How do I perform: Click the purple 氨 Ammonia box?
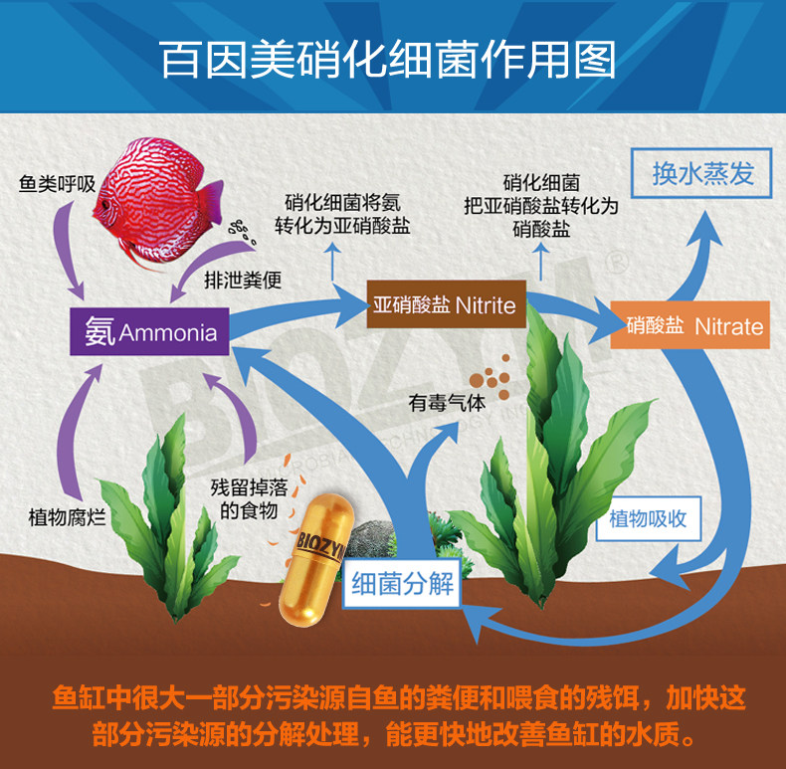149,331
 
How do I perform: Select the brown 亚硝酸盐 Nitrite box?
446,304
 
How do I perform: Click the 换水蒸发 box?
702,175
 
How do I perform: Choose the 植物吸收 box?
648,518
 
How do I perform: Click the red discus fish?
158,183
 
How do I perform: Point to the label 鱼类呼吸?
57,184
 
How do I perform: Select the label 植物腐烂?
67,517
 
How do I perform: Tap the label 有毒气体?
447,404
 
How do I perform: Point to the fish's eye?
104,204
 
